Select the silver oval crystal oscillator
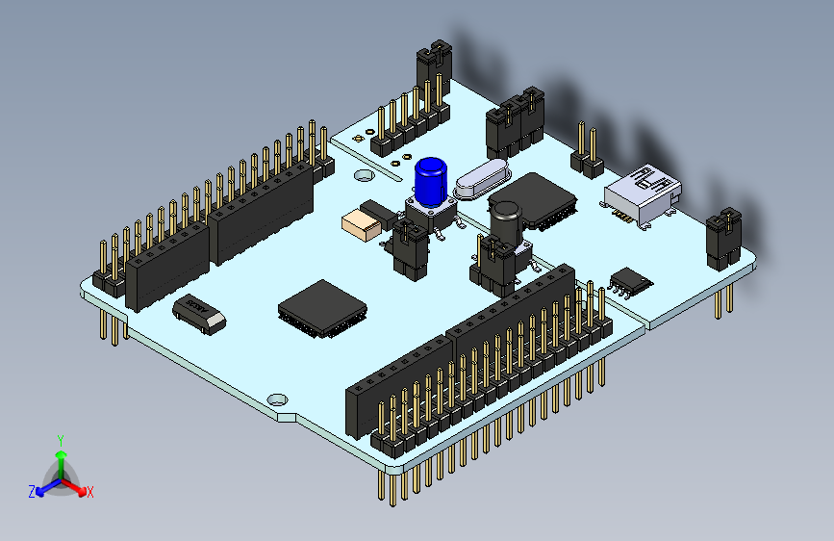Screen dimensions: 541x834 [477, 180]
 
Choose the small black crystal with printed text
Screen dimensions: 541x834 [198, 312]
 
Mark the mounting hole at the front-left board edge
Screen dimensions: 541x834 [278, 398]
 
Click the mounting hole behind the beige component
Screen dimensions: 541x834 [363, 176]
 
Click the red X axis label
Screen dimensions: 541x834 [90, 492]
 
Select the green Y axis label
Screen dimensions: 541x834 [60, 439]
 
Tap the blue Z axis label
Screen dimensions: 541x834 [32, 492]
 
